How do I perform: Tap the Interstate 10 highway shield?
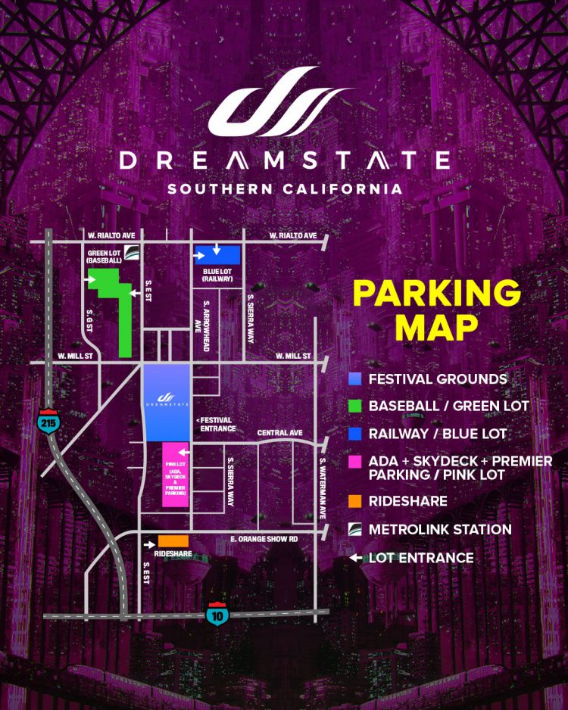pos(218,614)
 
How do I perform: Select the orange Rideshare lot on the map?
pos(173,541)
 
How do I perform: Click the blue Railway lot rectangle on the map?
pos(218,254)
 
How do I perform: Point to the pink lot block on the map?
pos(176,474)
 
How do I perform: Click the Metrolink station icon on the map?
pos(133,253)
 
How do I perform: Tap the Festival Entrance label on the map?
pos(216,425)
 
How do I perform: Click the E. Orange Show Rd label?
pos(264,539)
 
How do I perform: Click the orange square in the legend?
pos(355,501)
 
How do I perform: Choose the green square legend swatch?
pos(355,406)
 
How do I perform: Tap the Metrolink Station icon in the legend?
pos(355,530)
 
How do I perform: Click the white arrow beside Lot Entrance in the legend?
pos(355,559)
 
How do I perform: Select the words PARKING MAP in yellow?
pos(437,311)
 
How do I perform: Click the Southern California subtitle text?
pos(284,188)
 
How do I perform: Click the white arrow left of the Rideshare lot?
pos(149,542)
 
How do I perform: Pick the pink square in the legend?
pos(355,461)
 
